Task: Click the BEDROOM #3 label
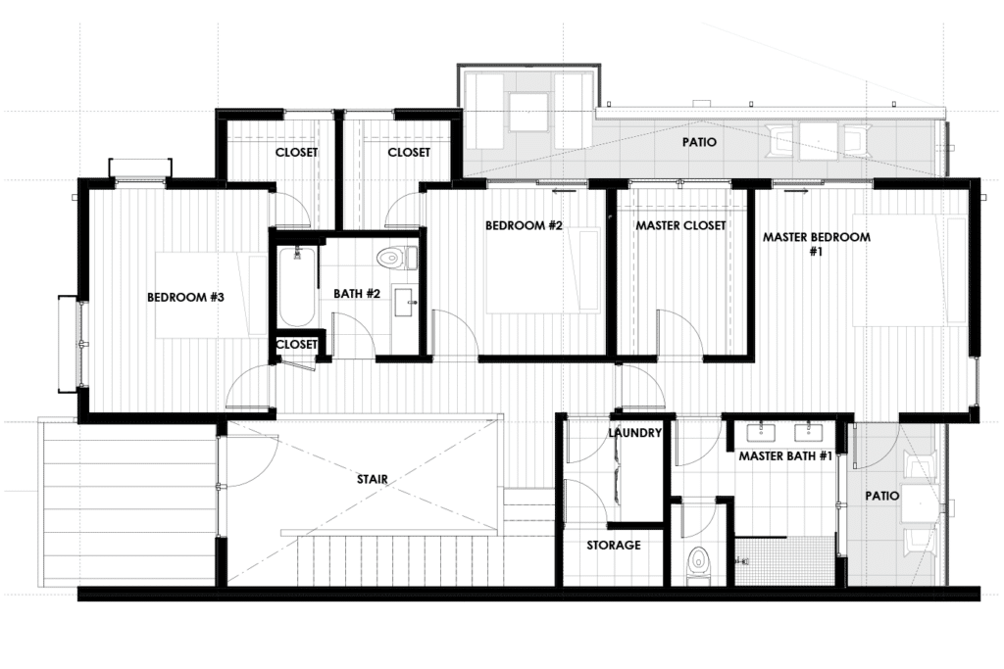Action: [187, 298]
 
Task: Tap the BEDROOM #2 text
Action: [524, 225]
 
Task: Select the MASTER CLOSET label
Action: [680, 225]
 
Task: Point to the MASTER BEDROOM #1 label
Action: [816, 243]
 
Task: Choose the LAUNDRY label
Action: [635, 432]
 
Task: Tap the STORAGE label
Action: [614, 545]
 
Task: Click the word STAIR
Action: [373, 479]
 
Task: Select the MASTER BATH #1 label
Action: [785, 456]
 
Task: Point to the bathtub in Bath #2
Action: [296, 286]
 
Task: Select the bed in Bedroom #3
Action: [210, 295]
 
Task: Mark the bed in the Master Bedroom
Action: [908, 269]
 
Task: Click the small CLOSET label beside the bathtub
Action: [296, 344]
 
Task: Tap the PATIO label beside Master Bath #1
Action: [882, 496]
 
